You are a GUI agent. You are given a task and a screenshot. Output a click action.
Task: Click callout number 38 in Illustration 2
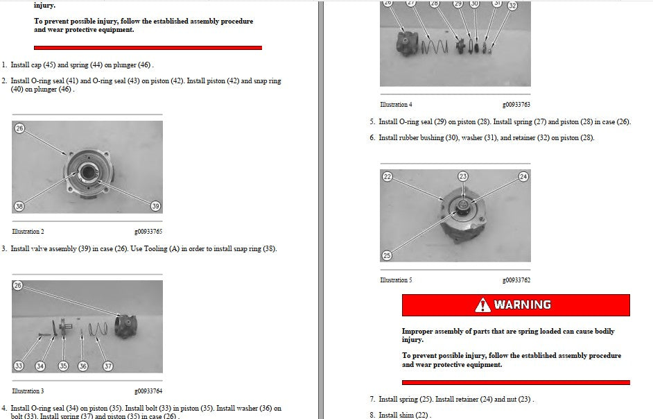(19, 206)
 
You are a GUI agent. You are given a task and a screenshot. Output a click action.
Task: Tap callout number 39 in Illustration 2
(155, 206)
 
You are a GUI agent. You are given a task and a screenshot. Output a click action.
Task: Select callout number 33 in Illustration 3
(18, 366)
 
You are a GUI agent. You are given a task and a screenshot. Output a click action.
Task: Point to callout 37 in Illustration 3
(108, 366)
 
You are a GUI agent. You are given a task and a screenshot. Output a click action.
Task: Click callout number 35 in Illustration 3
(63, 366)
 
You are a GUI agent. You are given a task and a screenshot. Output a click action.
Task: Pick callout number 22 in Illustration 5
(388, 176)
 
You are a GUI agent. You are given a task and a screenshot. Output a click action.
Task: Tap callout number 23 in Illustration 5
(462, 176)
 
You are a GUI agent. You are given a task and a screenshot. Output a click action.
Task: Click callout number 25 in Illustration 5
(387, 255)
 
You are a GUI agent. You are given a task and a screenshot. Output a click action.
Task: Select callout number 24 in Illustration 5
(523, 176)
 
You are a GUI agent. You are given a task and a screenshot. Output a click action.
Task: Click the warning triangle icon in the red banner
(482, 305)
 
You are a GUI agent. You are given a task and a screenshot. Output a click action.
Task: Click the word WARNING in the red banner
(522, 305)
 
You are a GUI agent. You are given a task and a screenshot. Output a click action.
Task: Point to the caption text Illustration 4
(396, 105)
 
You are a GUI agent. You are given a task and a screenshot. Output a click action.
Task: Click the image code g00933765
(148, 232)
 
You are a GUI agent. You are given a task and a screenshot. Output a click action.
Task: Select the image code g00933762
(516, 280)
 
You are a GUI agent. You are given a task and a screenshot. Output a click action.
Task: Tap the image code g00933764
(148, 391)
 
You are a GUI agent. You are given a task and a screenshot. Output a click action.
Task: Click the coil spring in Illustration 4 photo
(435, 46)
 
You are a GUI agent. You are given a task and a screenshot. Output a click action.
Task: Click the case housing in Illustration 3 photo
(126, 326)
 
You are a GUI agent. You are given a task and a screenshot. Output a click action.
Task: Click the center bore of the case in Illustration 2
(88, 171)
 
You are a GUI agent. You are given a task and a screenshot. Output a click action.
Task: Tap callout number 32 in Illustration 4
(512, 6)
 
